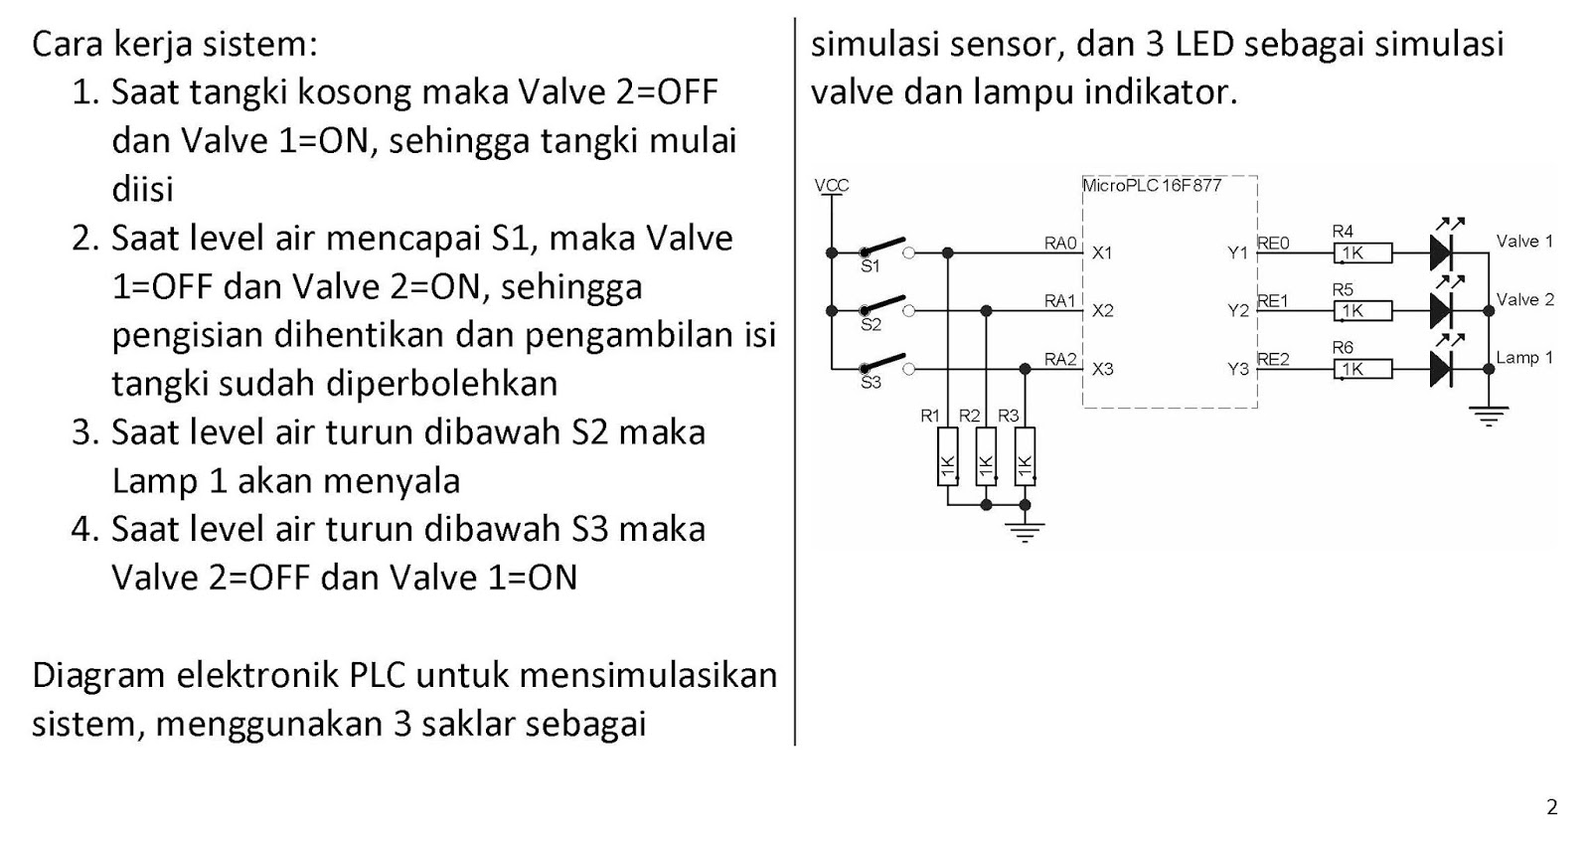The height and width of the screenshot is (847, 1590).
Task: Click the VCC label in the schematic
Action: click(831, 185)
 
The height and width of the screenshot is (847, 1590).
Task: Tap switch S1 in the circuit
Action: click(883, 247)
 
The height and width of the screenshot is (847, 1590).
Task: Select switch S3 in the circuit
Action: click(883, 363)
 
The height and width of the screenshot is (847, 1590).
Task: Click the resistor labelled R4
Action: click(1362, 253)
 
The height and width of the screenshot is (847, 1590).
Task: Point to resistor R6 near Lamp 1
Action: click(1362, 369)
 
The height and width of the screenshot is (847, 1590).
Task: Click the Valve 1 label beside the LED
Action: click(1523, 241)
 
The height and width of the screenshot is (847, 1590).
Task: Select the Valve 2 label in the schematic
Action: click(1524, 299)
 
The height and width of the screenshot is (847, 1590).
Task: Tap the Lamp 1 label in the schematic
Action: click(1523, 357)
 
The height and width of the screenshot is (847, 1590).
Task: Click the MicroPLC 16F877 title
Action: click(1152, 185)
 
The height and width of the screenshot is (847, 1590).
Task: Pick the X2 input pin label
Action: click(1102, 310)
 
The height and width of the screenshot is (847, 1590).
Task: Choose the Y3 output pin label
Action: click(1237, 369)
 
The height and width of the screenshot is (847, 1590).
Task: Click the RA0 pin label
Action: click(1059, 242)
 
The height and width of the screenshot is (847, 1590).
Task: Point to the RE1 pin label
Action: click(1273, 300)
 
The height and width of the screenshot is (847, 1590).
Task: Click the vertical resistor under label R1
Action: click(947, 456)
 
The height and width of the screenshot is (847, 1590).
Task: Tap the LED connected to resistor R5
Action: click(1442, 309)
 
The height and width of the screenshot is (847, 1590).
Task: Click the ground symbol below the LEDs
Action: click(1488, 416)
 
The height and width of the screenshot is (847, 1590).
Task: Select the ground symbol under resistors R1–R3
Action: click(1025, 531)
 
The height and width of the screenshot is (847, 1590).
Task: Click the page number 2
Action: click(1552, 806)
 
